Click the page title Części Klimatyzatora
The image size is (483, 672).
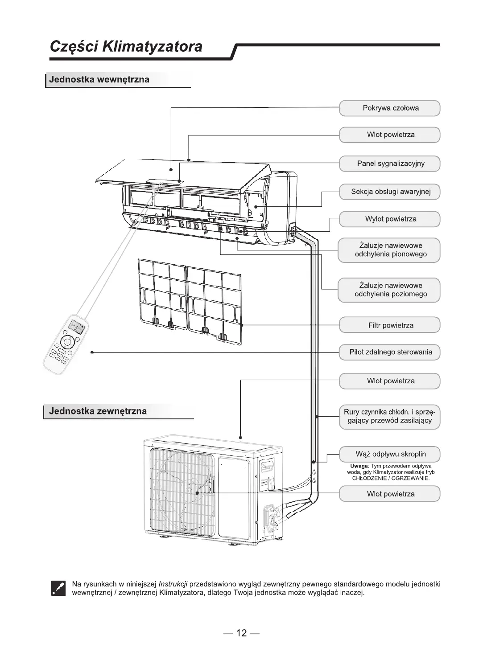[x=126, y=46]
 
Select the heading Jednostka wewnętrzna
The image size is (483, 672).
[x=99, y=80]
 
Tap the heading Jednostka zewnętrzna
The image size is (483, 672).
[x=98, y=411]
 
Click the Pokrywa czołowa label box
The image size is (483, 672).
[x=390, y=108]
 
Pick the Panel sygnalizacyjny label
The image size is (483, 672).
[x=390, y=164]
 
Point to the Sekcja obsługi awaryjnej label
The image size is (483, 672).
[x=390, y=192]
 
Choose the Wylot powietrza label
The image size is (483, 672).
[x=390, y=219]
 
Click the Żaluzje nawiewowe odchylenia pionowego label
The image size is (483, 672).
[x=390, y=250]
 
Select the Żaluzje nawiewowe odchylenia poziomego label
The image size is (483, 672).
[x=390, y=290]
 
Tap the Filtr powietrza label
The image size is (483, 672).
[x=390, y=325]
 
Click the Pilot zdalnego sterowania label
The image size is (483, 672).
[x=390, y=352]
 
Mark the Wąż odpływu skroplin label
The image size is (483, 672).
[x=390, y=454]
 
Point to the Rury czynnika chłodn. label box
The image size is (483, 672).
[x=390, y=416]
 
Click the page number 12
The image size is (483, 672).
[x=241, y=633]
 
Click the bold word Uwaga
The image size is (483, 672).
[x=359, y=466]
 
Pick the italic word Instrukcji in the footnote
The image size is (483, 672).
[x=173, y=584]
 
